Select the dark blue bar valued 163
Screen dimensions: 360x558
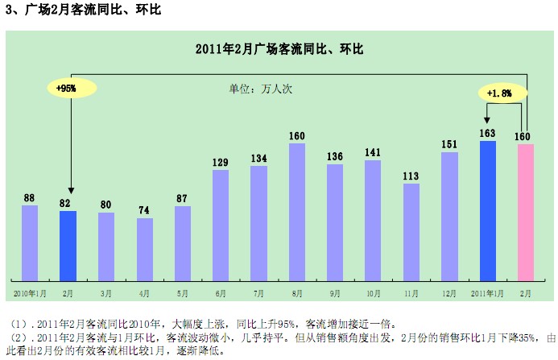tap(487, 209)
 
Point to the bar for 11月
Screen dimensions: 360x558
tap(411, 230)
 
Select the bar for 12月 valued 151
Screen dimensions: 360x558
tap(449, 214)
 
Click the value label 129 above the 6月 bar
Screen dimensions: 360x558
tap(221, 162)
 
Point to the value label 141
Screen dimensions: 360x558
tap(373, 152)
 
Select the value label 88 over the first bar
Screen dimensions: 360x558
tap(30, 197)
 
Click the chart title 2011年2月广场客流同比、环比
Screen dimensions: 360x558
tap(279, 49)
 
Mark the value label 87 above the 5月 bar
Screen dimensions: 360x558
tap(183, 198)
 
